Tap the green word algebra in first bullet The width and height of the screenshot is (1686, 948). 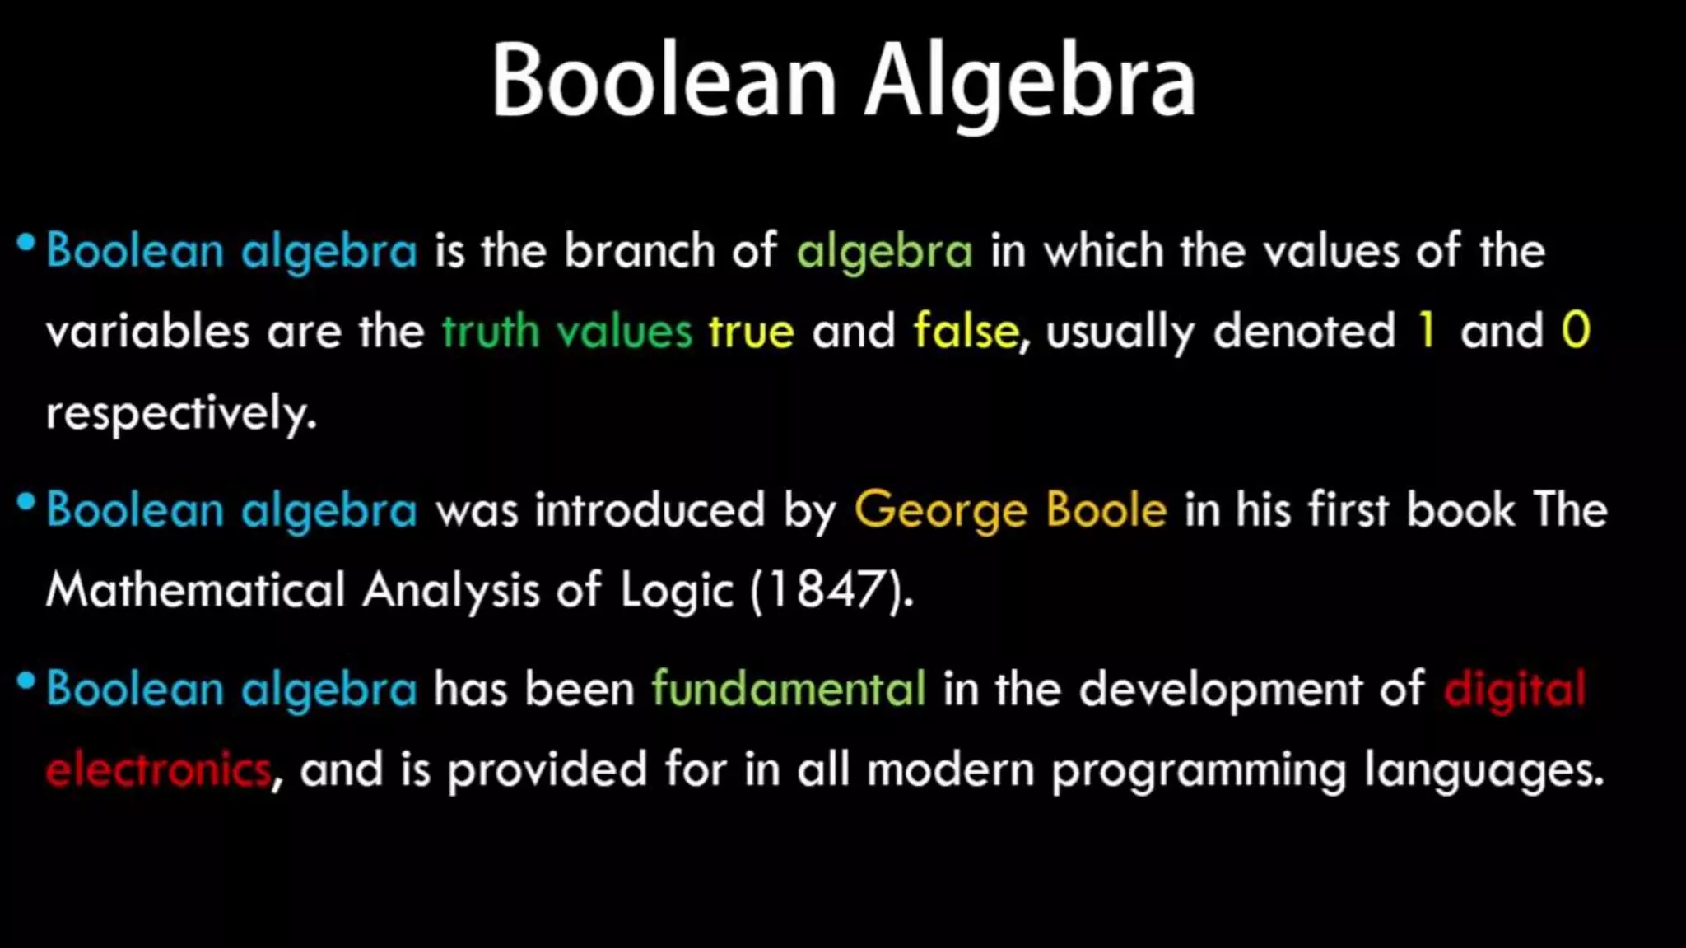coord(884,251)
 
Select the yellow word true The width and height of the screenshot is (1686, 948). coord(752,332)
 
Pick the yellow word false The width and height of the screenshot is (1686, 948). coord(966,331)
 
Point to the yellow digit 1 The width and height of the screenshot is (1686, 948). coord(1427,331)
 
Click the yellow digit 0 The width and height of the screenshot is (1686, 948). coord(1576,331)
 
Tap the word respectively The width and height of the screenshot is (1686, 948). coord(181,413)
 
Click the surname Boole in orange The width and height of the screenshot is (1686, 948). coord(1106,510)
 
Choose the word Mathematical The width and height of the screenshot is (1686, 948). coord(196,590)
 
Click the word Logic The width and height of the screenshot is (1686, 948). coord(676,591)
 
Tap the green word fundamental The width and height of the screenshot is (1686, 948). coord(789,689)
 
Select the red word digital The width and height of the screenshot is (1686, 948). coord(1514,689)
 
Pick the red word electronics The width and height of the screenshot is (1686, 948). coord(158,770)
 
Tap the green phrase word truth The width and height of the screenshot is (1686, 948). coord(490,332)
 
